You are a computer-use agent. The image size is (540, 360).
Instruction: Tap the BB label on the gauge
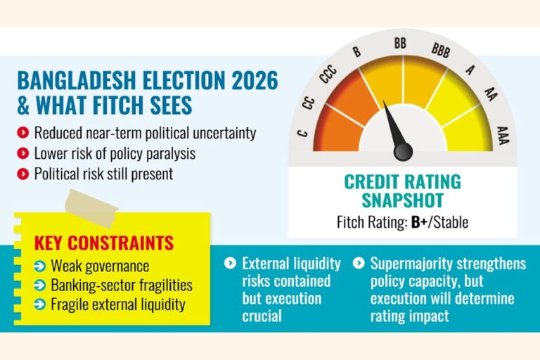point(400,44)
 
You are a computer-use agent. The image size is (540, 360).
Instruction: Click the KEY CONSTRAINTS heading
point(104,244)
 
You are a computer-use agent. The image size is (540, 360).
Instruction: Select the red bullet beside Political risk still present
point(25,173)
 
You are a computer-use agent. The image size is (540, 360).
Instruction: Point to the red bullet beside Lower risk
point(25,153)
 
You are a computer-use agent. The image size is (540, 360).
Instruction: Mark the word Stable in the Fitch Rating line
point(450,224)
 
